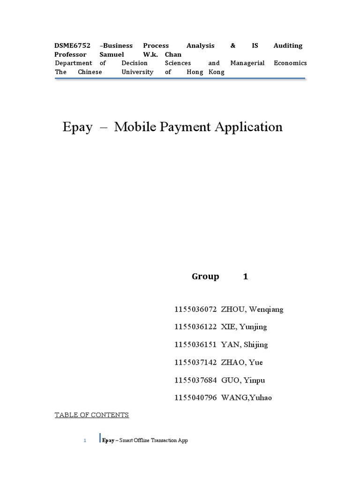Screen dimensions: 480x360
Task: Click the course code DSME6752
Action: click(73, 45)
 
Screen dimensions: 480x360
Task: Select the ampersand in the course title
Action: click(233, 45)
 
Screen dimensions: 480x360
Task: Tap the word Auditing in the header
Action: click(288, 45)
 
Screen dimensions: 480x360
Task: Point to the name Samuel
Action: click(112, 54)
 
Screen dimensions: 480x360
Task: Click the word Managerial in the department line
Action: click(247, 63)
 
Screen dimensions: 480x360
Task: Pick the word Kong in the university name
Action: click(217, 72)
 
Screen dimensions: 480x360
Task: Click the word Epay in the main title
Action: click(77, 127)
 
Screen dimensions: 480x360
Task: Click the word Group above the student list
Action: click(205, 277)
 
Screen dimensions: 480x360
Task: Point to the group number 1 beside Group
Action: click(245, 277)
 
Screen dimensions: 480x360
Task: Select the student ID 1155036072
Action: click(195, 309)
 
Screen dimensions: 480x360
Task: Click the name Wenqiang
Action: click(266, 309)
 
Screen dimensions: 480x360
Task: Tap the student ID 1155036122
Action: click(195, 327)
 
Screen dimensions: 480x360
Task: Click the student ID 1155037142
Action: click(195, 362)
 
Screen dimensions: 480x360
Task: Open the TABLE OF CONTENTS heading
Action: click(91, 415)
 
